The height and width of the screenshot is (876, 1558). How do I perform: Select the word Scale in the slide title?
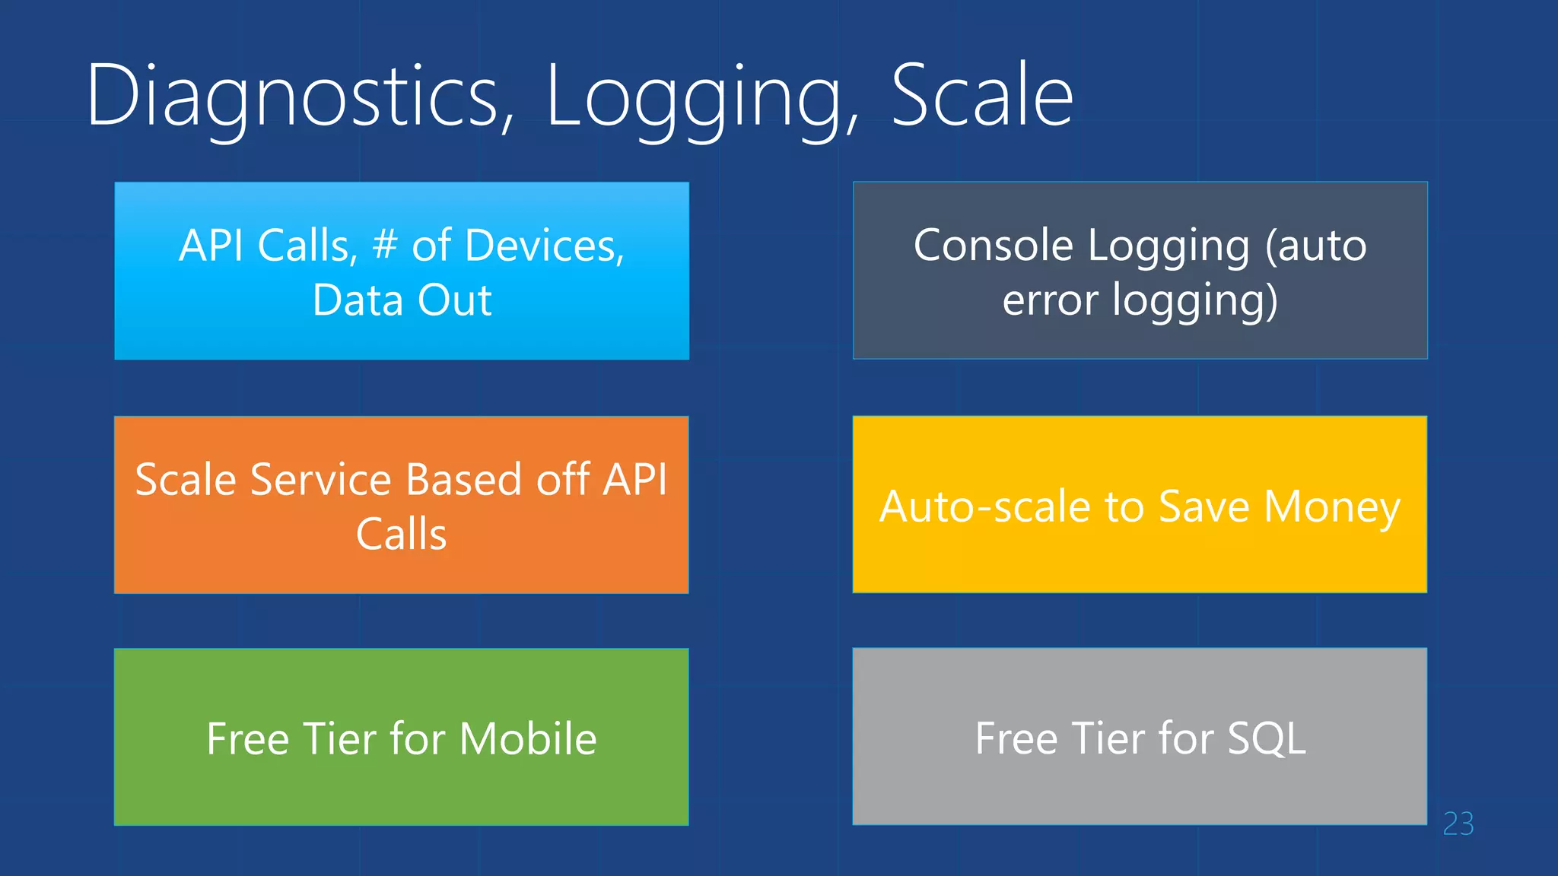coord(981,97)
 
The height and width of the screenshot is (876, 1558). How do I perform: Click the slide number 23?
coord(1458,824)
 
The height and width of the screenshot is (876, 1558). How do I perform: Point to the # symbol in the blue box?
coord(385,245)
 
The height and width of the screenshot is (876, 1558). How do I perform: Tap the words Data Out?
coord(402,300)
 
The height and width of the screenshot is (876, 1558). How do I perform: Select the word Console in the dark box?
coord(993,246)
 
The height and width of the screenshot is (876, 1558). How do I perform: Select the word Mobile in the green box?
coord(528,738)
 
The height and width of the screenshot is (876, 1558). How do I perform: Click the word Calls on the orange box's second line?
coord(401,534)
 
